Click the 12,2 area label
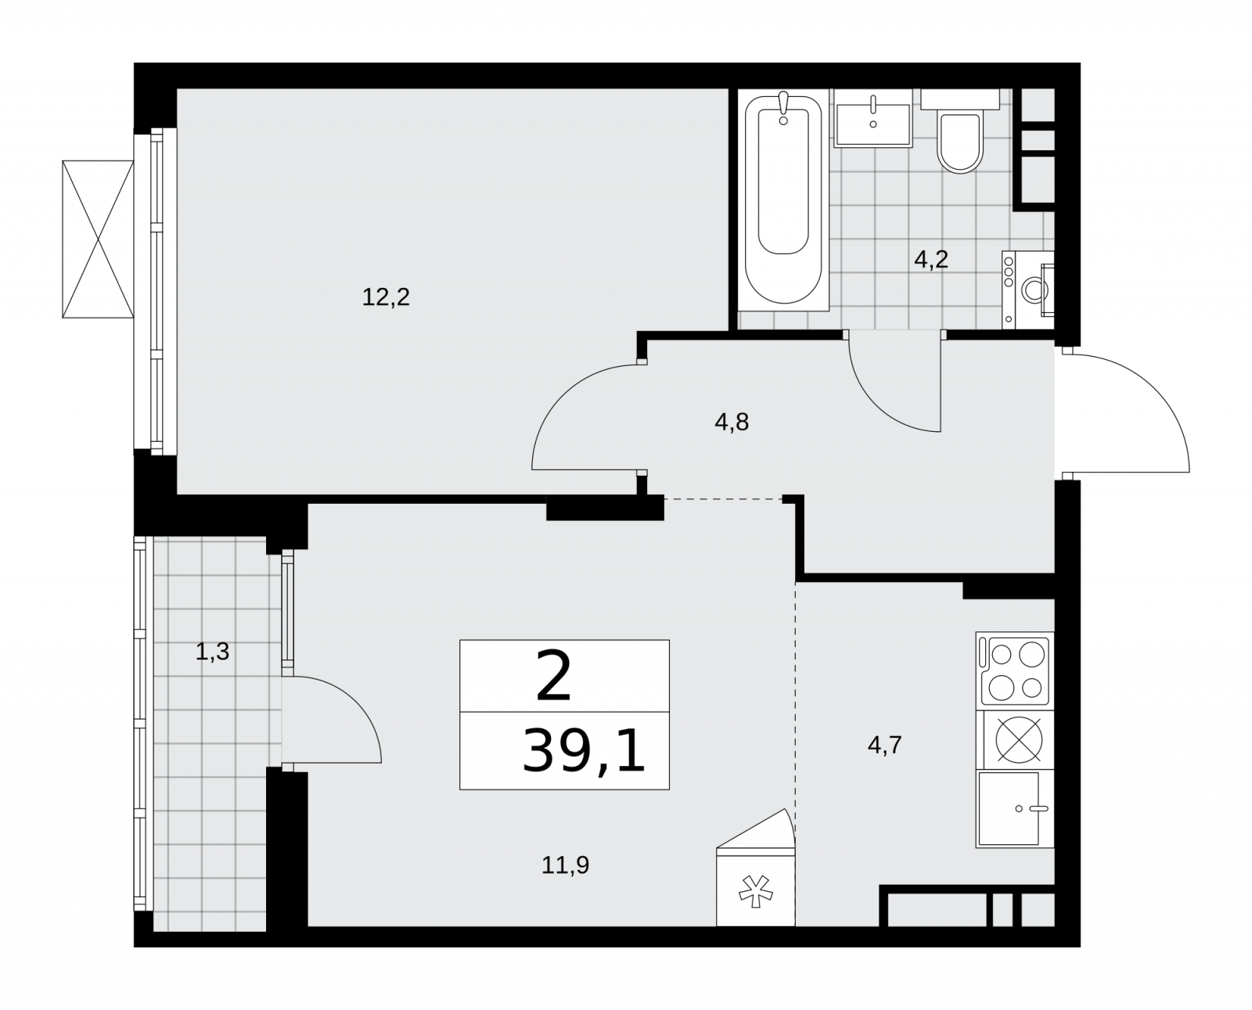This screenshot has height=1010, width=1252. pyautogui.click(x=386, y=297)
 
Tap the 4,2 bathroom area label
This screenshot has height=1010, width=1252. pyautogui.click(x=931, y=260)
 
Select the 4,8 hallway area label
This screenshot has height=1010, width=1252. pyautogui.click(x=732, y=422)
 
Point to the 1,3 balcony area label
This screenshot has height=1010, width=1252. pyautogui.click(x=212, y=652)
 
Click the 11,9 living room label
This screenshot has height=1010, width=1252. pyautogui.click(x=565, y=865)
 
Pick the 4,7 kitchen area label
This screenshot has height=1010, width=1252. pyautogui.click(x=884, y=745)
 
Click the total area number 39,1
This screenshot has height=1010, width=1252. pyautogui.click(x=584, y=751)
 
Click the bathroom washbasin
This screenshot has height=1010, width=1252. pyautogui.click(x=872, y=118)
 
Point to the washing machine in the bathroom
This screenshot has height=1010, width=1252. pyautogui.click(x=1028, y=289)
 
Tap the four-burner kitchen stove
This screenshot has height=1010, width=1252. pyautogui.click(x=1015, y=670)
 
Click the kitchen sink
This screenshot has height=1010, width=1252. pyautogui.click(x=1015, y=808)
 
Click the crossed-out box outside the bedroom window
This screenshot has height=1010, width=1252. pyautogui.click(x=98, y=239)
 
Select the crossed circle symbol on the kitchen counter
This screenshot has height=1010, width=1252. pyautogui.click(x=1019, y=739)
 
